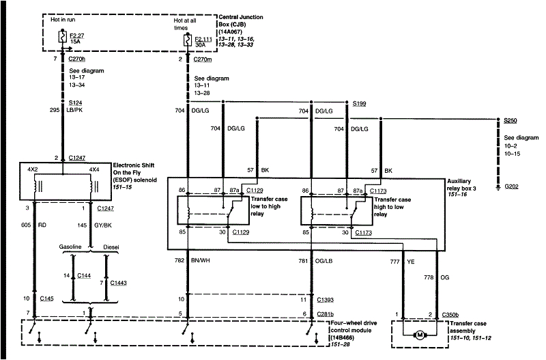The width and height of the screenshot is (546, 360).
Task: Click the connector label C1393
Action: (x=326, y=299)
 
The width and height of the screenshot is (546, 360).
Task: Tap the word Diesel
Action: (x=112, y=247)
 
